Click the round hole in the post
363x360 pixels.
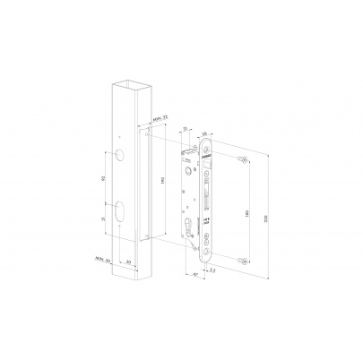(120, 158)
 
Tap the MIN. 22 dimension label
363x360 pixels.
(159, 116)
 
